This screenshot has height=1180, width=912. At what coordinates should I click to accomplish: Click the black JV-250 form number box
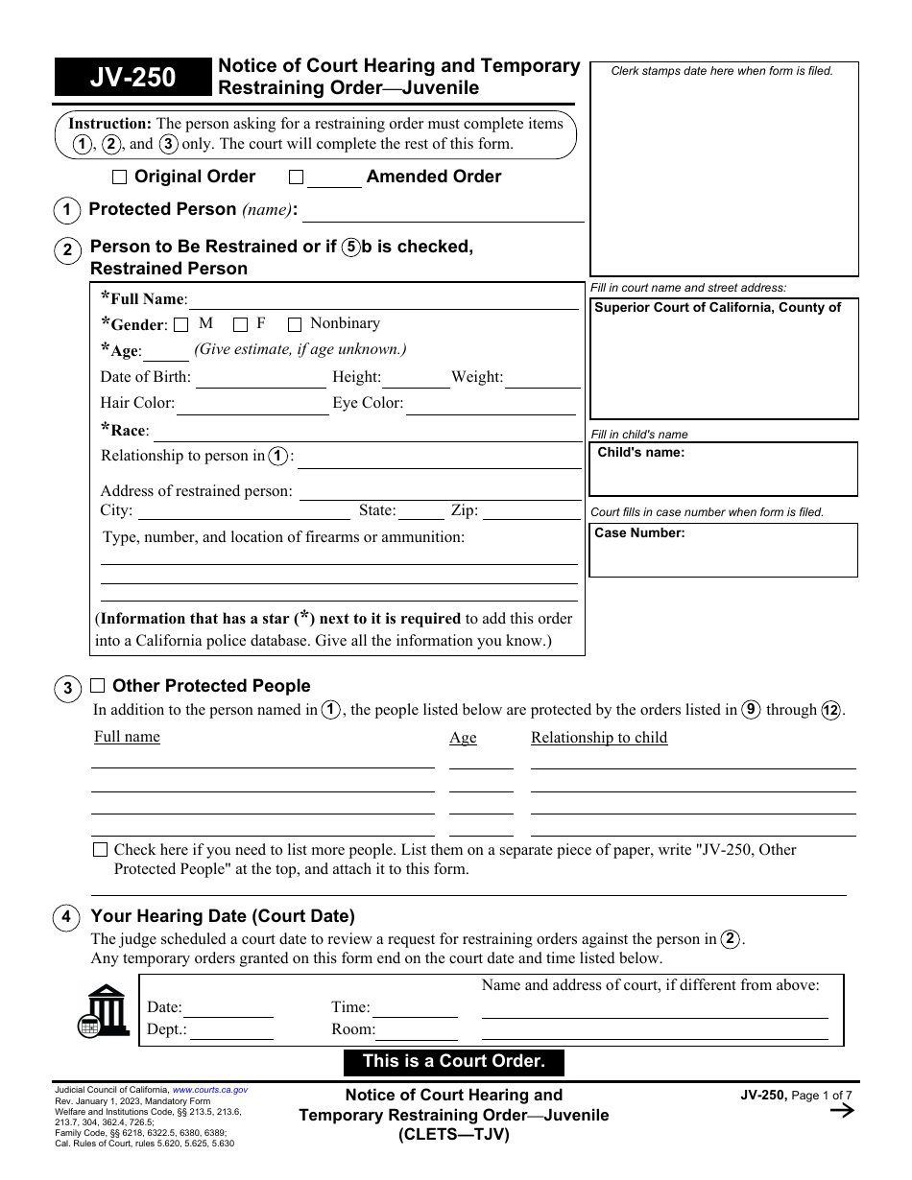click(x=132, y=78)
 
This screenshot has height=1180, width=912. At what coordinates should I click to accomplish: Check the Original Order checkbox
click(x=119, y=177)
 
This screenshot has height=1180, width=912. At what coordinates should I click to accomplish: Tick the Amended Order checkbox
click(x=296, y=177)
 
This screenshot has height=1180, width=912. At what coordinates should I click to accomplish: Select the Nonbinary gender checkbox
click(x=295, y=325)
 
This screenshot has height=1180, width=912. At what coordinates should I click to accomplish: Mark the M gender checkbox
click(x=181, y=325)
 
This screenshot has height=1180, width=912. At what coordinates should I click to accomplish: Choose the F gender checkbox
click(x=241, y=325)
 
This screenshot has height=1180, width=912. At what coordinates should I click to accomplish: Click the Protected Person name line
click(x=443, y=212)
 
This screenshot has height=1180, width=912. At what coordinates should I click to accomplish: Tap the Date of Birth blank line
click(x=261, y=379)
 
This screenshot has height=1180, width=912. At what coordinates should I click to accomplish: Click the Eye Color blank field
click(x=492, y=405)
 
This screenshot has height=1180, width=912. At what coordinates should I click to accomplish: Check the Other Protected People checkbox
click(x=98, y=686)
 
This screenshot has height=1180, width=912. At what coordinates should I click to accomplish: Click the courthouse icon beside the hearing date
click(x=104, y=1011)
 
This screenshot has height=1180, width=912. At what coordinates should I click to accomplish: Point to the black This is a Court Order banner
click(x=454, y=1062)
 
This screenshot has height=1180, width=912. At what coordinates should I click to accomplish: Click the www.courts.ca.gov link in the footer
click(x=209, y=1090)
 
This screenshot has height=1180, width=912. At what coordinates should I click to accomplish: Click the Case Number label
click(x=639, y=533)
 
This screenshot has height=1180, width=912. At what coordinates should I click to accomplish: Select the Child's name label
click(x=641, y=453)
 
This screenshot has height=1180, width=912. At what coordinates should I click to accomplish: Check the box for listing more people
click(x=101, y=850)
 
